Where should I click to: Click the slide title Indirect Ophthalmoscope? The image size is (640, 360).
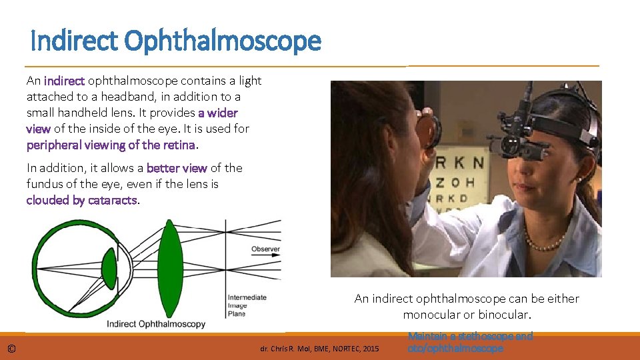tap(176, 41)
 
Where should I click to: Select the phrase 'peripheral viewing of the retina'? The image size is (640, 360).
tap(111, 145)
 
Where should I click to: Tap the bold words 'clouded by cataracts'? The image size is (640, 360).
tap(82, 200)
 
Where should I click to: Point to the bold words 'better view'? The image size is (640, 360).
tap(177, 168)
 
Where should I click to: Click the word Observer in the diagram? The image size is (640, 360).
tap(265, 249)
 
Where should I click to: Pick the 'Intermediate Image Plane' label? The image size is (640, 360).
tap(247, 305)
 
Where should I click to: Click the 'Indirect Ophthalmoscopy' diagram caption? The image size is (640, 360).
tap(157, 324)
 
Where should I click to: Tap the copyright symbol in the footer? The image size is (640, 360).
tap(12, 349)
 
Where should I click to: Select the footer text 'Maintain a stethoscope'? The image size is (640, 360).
tap(470, 337)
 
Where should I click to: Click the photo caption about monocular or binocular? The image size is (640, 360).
tap(467, 306)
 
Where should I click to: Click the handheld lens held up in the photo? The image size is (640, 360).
tap(431, 130)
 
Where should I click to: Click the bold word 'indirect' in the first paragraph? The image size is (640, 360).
tap(64, 81)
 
